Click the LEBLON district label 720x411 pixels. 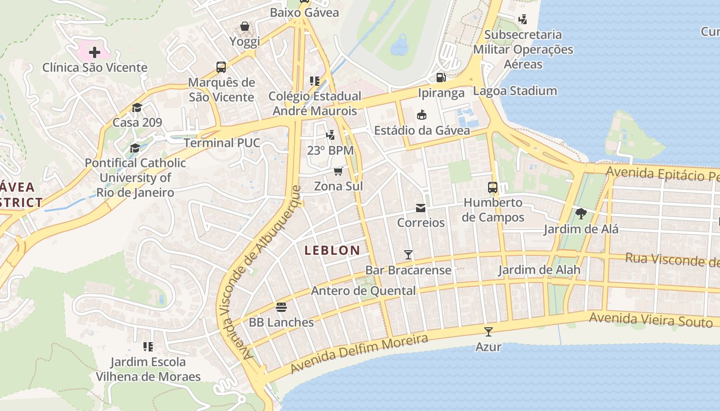pyautogui.click(x=332, y=250)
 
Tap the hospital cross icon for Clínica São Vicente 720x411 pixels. pyautogui.click(x=95, y=52)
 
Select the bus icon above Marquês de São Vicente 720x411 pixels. pyautogui.click(x=221, y=67)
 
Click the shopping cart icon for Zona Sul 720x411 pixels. pyautogui.click(x=338, y=171)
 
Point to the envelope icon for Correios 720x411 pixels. pyautogui.click(x=421, y=208)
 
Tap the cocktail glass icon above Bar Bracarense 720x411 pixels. pyautogui.click(x=408, y=254)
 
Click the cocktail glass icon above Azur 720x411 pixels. pyautogui.click(x=488, y=332)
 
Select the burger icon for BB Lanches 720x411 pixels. pyautogui.click(x=281, y=307)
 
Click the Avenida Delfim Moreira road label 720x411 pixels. pyautogui.click(x=359, y=354)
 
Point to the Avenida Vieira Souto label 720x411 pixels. pyautogui.click(x=651, y=320)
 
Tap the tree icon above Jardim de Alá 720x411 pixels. pyautogui.click(x=581, y=213)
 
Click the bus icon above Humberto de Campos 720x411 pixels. pyautogui.click(x=493, y=188)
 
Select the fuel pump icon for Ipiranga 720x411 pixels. pyautogui.click(x=441, y=78)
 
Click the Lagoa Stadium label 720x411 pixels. pyautogui.click(x=515, y=91)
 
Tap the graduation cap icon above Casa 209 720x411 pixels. pyautogui.click(x=137, y=107)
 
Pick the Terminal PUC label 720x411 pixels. pyautogui.click(x=222, y=143)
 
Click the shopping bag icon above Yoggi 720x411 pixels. pyautogui.click(x=245, y=26)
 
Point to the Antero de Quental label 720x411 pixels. pyautogui.click(x=363, y=291)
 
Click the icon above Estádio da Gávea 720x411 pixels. pyautogui.click(x=422, y=115)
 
